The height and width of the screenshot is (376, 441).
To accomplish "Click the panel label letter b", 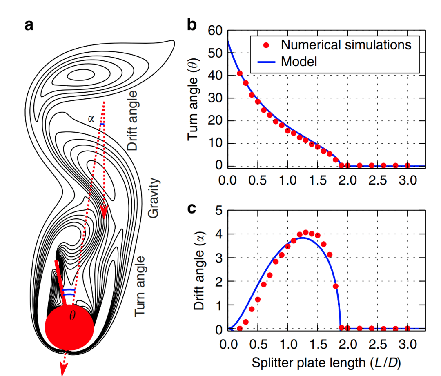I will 192,25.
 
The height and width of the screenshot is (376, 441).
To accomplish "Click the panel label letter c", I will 192,209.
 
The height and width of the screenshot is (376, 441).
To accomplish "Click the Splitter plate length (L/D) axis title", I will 326,362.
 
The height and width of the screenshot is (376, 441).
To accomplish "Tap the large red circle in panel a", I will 69,327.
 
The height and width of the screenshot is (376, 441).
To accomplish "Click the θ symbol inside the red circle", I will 72,316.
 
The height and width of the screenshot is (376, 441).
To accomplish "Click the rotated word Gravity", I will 154,198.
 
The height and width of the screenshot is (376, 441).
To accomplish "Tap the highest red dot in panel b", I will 240,73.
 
